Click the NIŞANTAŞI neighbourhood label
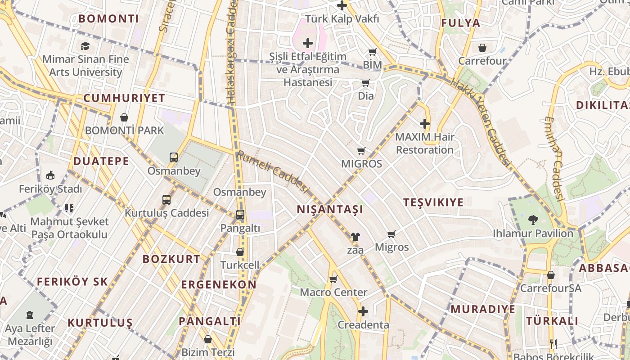click(x=330, y=209)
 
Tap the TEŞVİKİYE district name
click(x=433, y=202)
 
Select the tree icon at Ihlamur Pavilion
click(x=534, y=220)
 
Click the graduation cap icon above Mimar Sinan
click(x=85, y=46)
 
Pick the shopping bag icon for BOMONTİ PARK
click(x=124, y=117)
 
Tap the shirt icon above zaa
click(x=355, y=236)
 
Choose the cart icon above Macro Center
click(x=333, y=279)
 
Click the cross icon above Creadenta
click(x=363, y=311)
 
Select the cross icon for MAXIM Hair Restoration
click(x=425, y=123)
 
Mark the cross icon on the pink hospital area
click(x=308, y=43)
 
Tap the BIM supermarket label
click(x=372, y=65)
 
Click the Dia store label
click(x=366, y=96)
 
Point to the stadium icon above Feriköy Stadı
click(x=50, y=175)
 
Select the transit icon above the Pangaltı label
click(x=240, y=215)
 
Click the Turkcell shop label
click(x=240, y=265)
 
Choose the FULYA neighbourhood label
click(x=460, y=23)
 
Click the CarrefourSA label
click(x=550, y=288)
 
